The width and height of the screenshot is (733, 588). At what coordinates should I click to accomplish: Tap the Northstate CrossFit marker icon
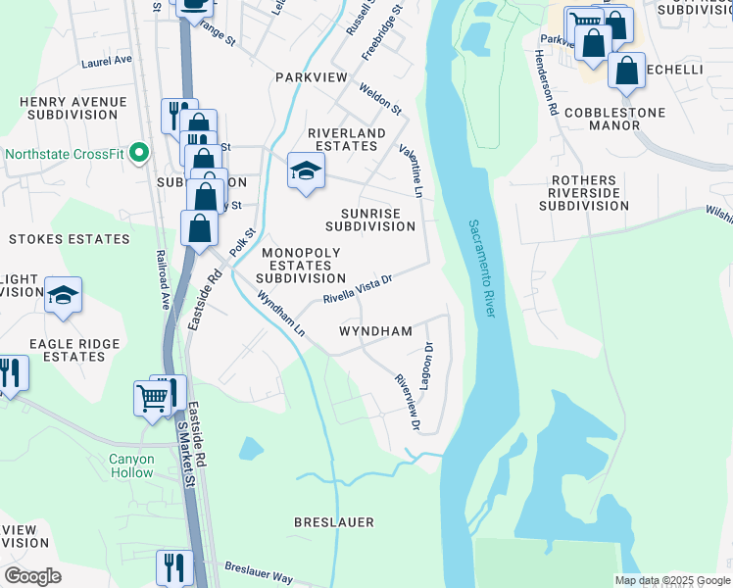coord(138,154)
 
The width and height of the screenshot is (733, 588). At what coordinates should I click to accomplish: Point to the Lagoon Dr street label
coord(427,366)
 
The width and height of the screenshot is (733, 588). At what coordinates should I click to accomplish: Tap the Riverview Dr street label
coord(407,402)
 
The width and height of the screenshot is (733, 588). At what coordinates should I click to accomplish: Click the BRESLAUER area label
coord(334,522)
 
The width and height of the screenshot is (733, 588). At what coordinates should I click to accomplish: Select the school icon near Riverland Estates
coord(306,171)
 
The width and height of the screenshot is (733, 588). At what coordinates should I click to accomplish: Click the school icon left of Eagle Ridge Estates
coord(63,296)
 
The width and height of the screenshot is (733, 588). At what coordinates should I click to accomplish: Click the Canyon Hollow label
coord(131,465)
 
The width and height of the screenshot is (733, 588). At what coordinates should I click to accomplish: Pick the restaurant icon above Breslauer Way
coord(174,566)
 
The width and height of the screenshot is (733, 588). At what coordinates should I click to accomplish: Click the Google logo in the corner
coord(32,575)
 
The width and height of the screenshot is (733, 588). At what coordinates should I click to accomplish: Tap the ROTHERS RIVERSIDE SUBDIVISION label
coord(583,193)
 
